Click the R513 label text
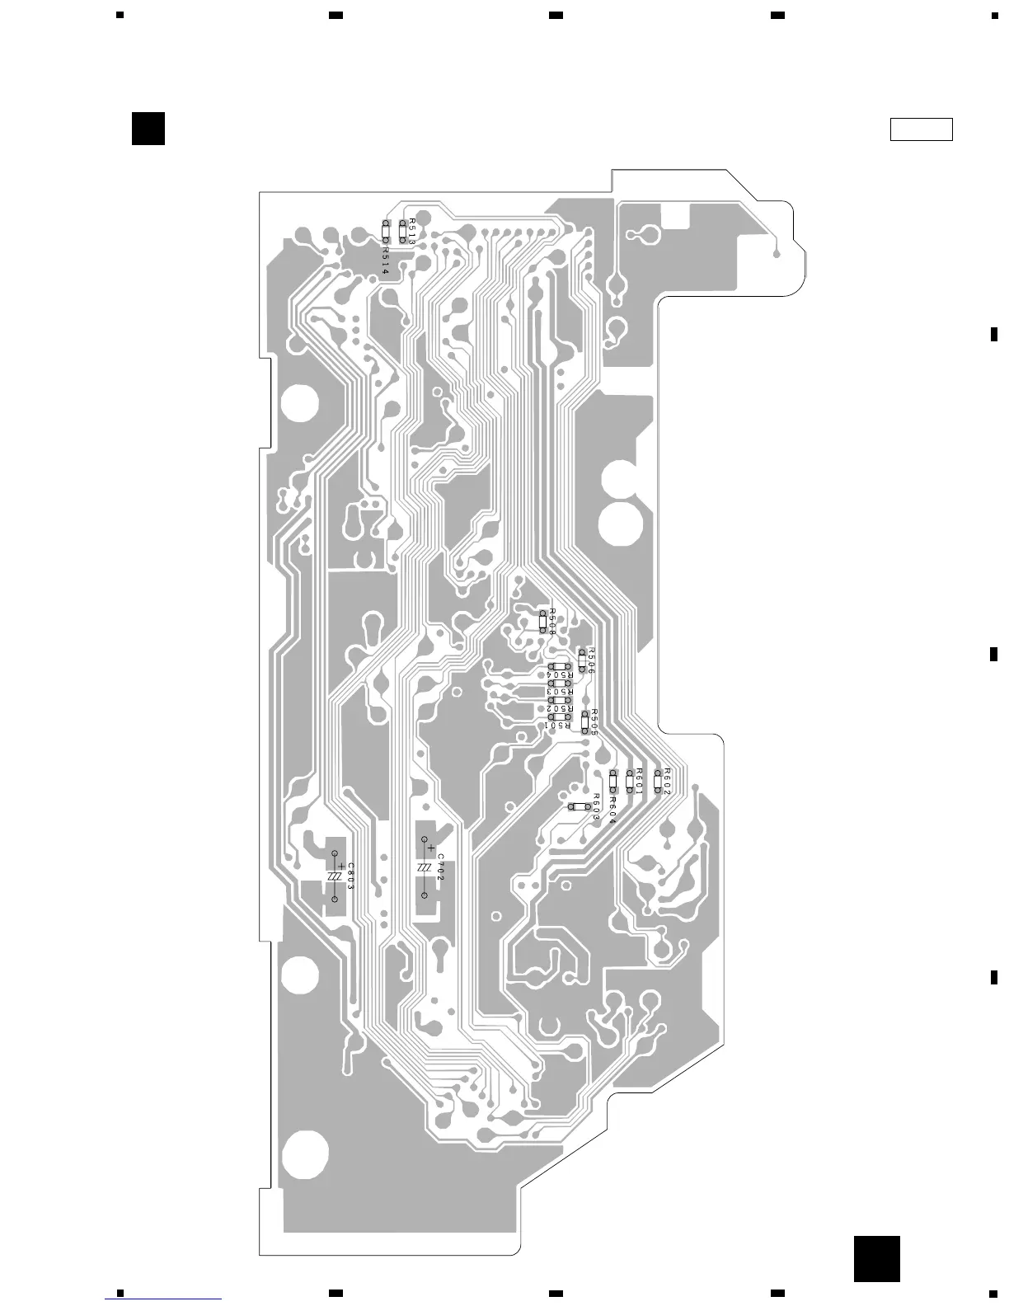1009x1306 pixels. pyautogui.click(x=412, y=230)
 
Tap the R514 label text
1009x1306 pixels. pyautogui.click(x=385, y=257)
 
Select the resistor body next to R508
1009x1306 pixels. pyautogui.click(x=542, y=621)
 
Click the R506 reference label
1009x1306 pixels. pyautogui.click(x=590, y=661)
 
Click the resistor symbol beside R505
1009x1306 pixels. pyautogui.click(x=585, y=721)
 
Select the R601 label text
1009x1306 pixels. pyautogui.click(x=640, y=780)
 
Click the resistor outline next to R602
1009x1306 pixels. pyautogui.click(x=657, y=781)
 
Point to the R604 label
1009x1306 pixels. pyautogui.click(x=613, y=809)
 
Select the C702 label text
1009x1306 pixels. pyautogui.click(x=441, y=867)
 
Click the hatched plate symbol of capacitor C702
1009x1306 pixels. pyautogui.click(x=424, y=869)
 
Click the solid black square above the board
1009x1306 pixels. pyautogui.click(x=148, y=129)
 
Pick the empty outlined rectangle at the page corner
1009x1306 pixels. pyautogui.click(x=921, y=129)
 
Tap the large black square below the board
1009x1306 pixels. pyautogui.click(x=876, y=1259)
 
